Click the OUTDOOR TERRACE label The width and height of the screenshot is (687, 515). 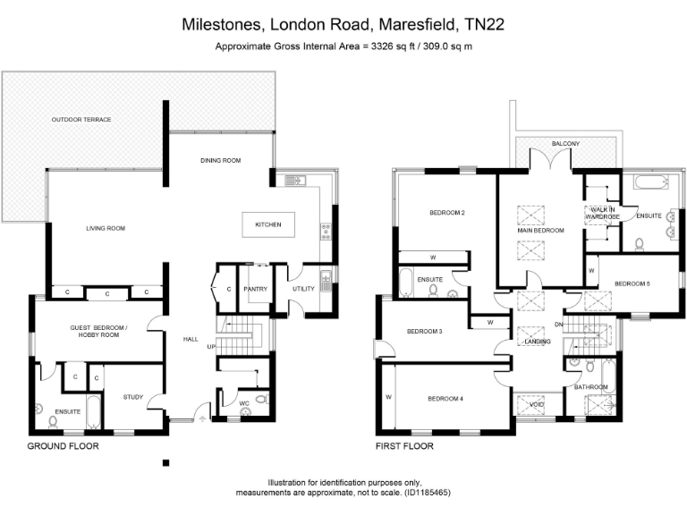click(81, 119)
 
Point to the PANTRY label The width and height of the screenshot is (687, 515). click(256, 289)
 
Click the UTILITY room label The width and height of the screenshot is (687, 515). click(303, 289)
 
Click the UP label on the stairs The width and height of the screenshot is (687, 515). click(211, 346)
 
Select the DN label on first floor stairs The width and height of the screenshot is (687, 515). click(558, 325)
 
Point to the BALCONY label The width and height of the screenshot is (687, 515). click(565, 144)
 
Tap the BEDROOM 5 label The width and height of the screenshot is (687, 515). click(632, 283)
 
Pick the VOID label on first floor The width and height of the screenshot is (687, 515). click(538, 403)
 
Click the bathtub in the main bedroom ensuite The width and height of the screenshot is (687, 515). click(649, 184)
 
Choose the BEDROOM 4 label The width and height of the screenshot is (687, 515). click(445, 398)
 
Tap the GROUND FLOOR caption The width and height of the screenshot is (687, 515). click(63, 445)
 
